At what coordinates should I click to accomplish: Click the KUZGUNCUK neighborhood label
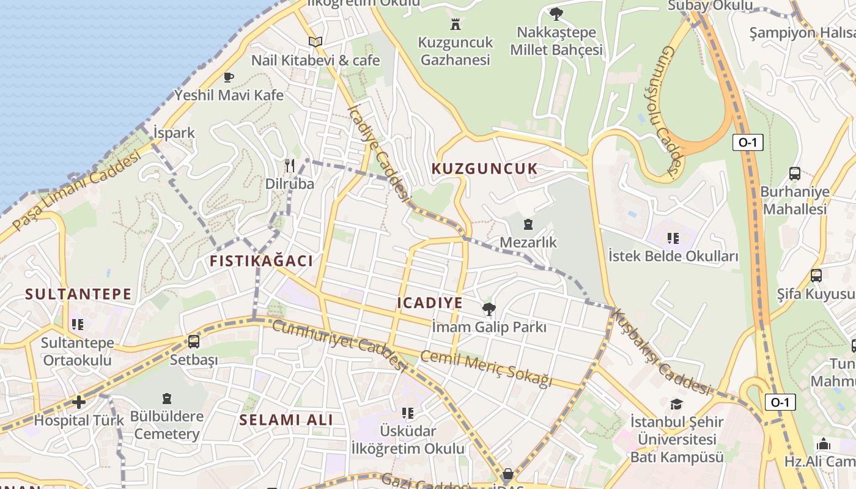tap(485, 169)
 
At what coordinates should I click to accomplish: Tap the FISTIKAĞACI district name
tap(261, 261)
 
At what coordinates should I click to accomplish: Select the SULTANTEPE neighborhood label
tap(78, 294)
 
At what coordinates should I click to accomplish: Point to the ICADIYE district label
tap(430, 303)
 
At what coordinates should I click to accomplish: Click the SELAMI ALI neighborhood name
tap(286, 420)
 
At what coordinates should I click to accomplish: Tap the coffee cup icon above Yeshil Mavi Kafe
tap(228, 77)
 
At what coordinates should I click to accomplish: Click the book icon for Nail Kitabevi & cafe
tap(315, 42)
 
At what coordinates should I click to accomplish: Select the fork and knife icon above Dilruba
tap(290, 165)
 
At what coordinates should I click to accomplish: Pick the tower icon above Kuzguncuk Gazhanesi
tap(455, 24)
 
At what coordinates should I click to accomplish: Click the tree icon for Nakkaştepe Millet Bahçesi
tap(556, 13)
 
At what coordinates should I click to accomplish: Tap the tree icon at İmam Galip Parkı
tap(489, 309)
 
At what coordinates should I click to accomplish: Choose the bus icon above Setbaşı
tap(194, 342)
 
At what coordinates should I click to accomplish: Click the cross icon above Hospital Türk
tap(79, 402)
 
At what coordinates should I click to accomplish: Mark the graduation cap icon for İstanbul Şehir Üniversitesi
tap(676, 404)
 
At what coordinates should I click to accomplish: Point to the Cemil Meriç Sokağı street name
tap(486, 369)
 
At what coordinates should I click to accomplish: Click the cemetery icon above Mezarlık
tap(528, 224)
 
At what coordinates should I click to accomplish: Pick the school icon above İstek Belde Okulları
tap(673, 238)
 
